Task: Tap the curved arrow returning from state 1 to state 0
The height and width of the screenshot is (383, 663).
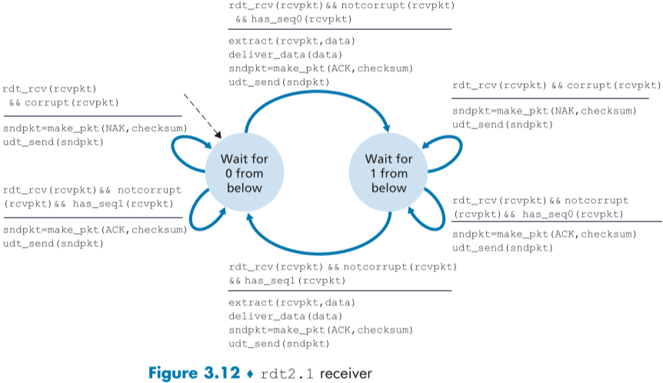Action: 315,251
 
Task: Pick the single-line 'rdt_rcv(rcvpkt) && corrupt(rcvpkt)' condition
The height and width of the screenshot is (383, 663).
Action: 556,85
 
